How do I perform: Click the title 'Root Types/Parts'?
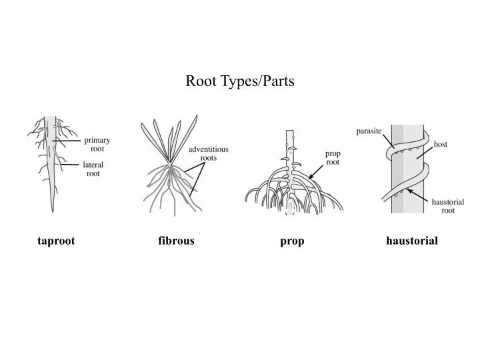click(239, 81)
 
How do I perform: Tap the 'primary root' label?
click(97, 145)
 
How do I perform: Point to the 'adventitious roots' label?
click(208, 154)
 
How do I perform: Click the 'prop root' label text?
click(333, 157)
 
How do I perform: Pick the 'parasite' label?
click(368, 131)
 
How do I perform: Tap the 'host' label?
click(440, 143)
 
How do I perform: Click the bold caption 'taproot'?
click(56, 241)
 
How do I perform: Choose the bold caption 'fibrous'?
click(176, 241)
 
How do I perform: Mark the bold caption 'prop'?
click(292, 241)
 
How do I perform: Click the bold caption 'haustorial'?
click(411, 241)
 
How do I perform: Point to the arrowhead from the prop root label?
click(311, 176)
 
